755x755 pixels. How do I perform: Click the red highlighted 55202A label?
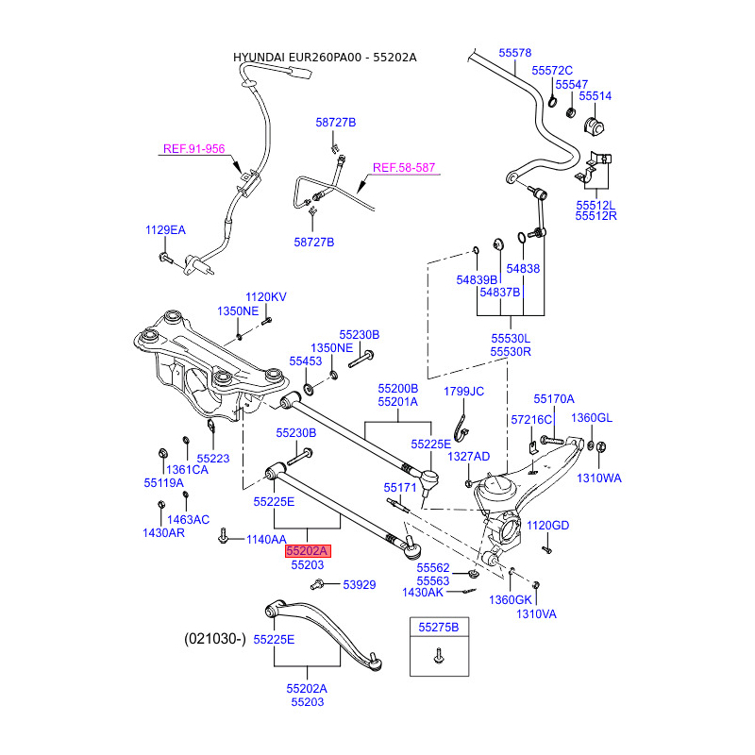(x=308, y=550)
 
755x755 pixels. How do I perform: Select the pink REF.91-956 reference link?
(x=193, y=148)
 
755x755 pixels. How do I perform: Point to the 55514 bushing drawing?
(x=596, y=124)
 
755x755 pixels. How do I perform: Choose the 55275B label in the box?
(x=438, y=627)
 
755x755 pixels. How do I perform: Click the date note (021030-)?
(x=214, y=639)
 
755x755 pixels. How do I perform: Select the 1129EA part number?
(x=165, y=230)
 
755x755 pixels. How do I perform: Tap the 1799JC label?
(x=463, y=391)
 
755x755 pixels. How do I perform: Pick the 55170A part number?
(x=553, y=399)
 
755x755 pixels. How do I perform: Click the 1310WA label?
(x=599, y=478)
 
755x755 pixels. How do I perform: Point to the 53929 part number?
(x=359, y=585)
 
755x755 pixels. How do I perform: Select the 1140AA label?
(x=266, y=540)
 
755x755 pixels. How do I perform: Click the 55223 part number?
(x=213, y=458)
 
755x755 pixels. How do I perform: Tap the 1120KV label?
(x=265, y=297)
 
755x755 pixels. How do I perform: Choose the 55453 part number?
(x=305, y=361)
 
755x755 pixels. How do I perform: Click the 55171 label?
(x=399, y=488)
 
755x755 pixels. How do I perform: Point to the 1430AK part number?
(x=422, y=592)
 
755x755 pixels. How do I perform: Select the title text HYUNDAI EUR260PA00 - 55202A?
(x=325, y=58)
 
